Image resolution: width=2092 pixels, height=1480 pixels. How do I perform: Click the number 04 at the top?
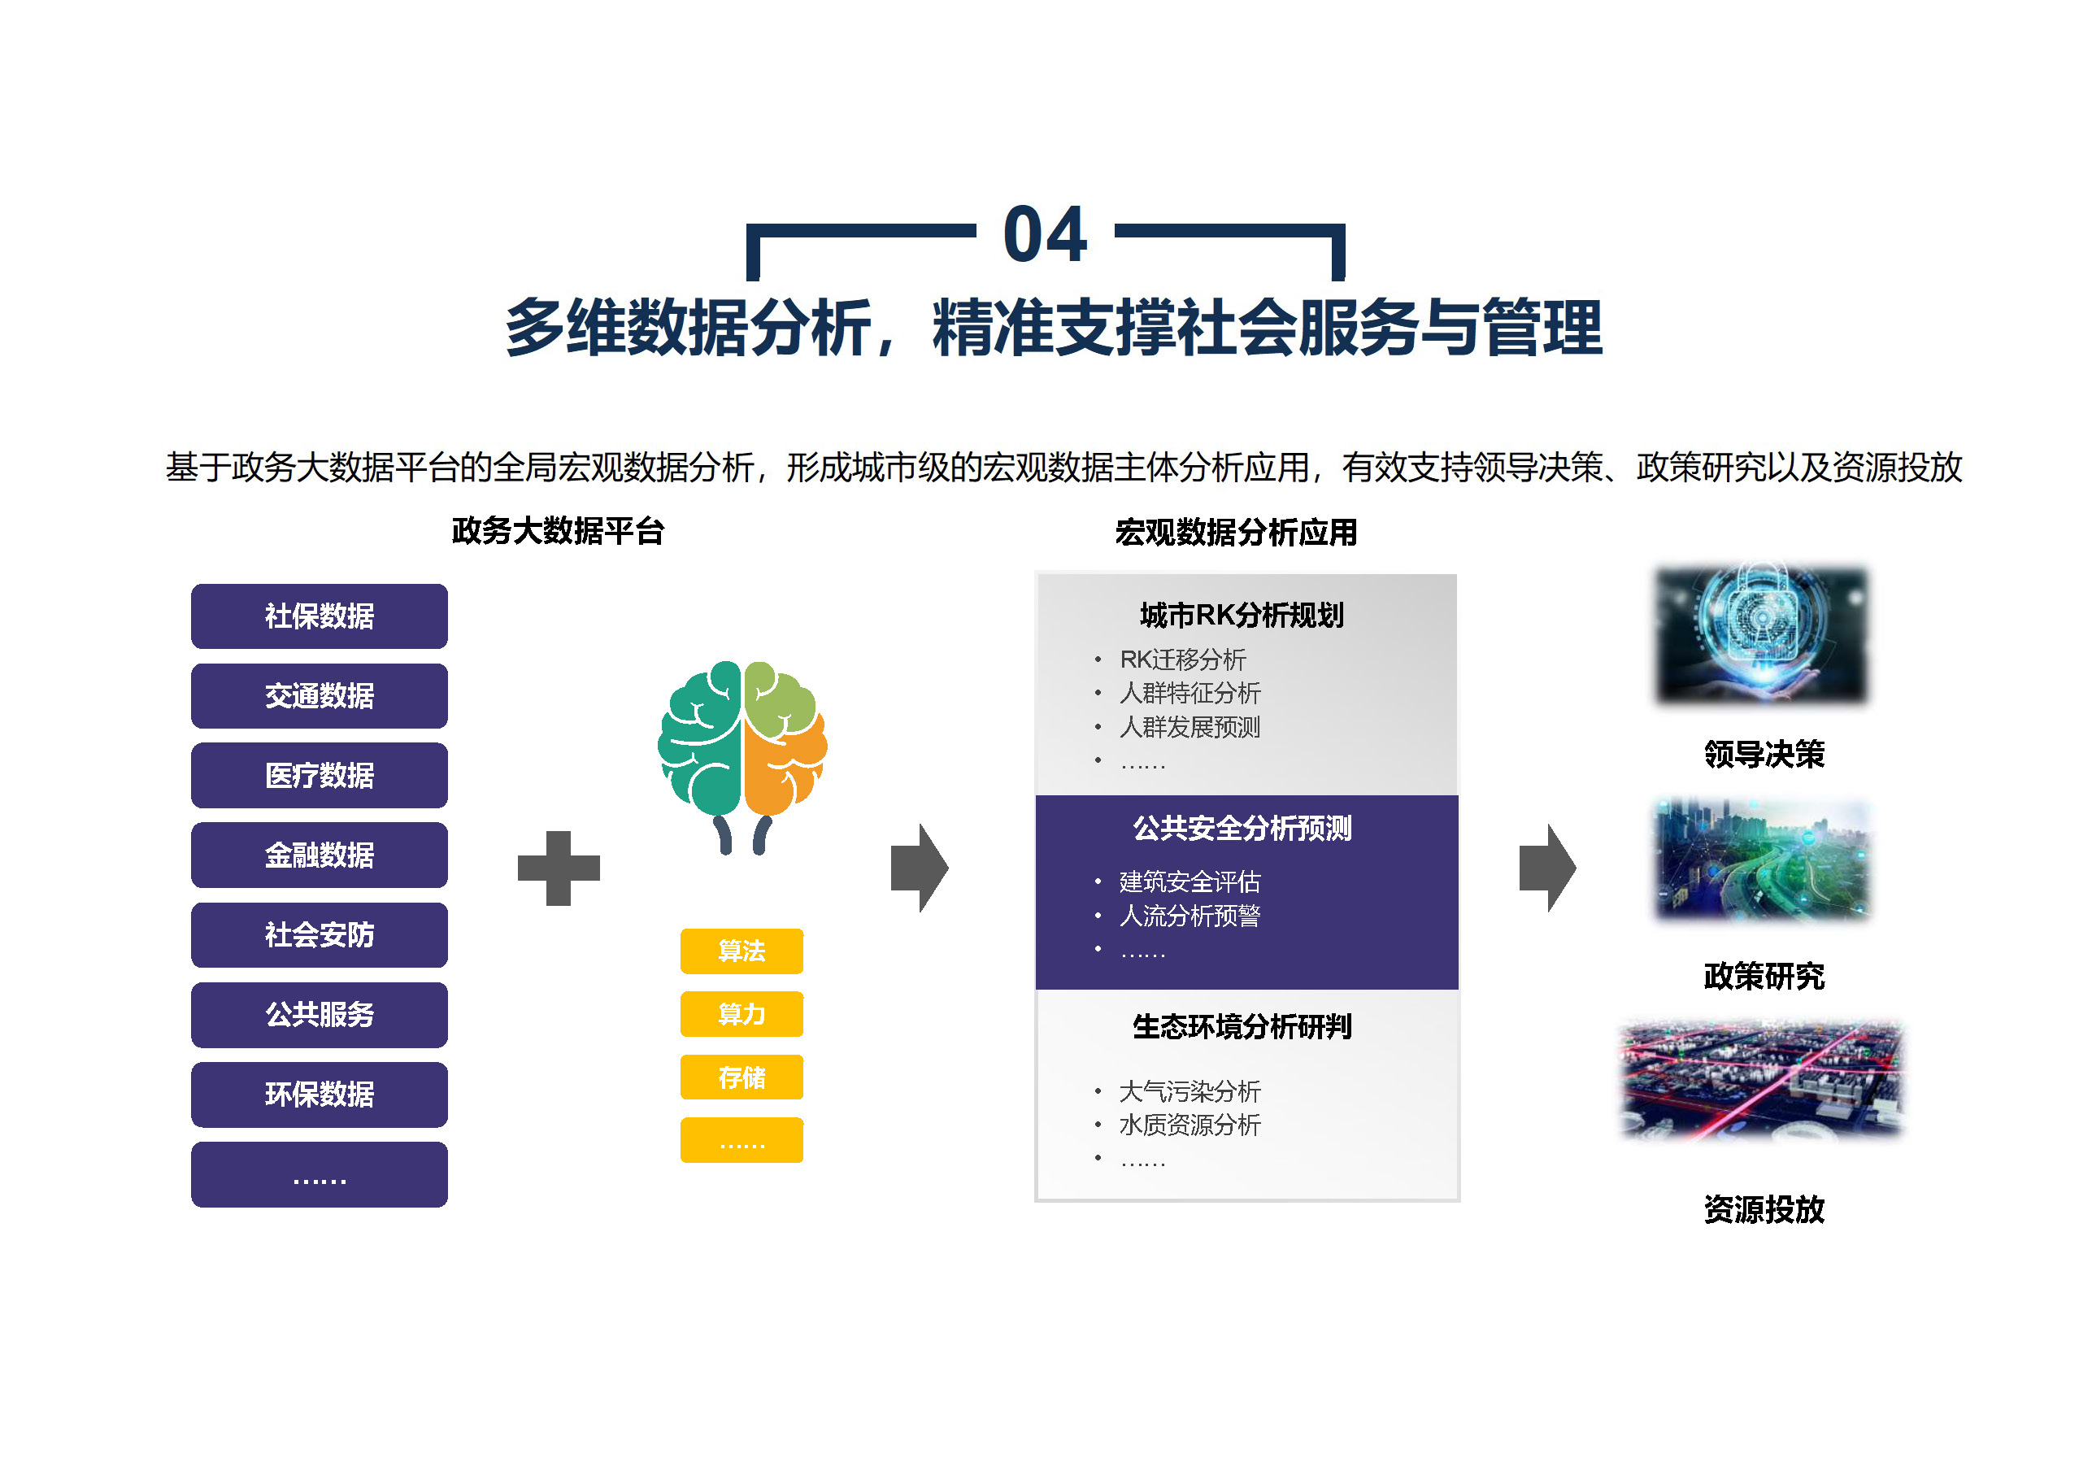[x=1045, y=234]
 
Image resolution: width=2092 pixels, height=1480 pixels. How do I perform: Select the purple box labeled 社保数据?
[x=319, y=616]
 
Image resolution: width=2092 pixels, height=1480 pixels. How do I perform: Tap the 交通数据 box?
[x=319, y=695]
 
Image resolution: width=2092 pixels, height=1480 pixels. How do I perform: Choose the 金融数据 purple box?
[x=319, y=855]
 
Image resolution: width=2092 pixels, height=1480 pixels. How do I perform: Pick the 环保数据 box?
[x=319, y=1094]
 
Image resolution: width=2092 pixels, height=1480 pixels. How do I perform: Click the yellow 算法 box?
[x=742, y=951]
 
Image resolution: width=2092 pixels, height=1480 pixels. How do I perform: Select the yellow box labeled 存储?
[x=742, y=1077]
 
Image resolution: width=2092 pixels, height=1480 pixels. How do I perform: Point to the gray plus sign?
[x=559, y=868]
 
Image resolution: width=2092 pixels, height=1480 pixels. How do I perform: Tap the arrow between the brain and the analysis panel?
[x=920, y=868]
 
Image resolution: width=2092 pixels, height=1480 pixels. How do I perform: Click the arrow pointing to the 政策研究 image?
[x=1547, y=868]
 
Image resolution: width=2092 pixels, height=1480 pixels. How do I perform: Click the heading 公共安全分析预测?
[x=1242, y=829]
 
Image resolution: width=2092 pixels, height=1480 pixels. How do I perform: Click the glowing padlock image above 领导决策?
[x=1762, y=634]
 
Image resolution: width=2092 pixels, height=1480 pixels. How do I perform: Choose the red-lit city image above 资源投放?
[x=1762, y=1081]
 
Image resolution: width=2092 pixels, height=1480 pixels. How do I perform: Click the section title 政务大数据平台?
[x=558, y=531]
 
